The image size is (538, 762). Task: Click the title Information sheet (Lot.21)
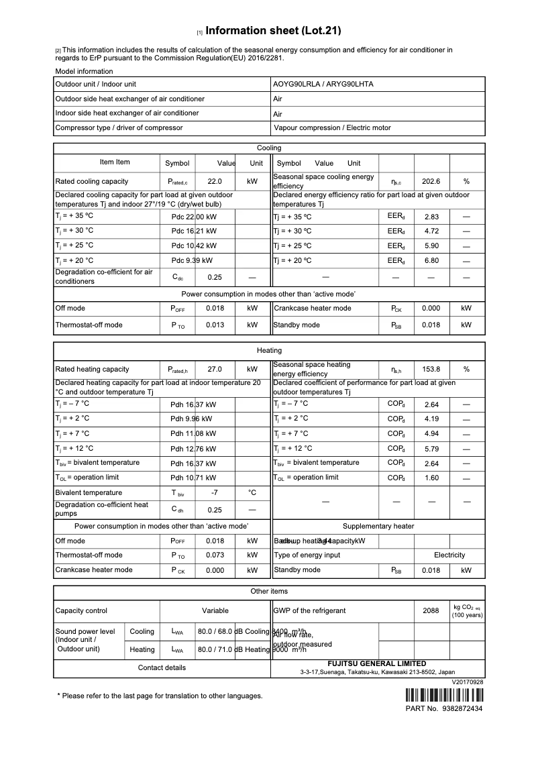pyautogui.click(x=274, y=31)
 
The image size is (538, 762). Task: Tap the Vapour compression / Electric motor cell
pyautogui.click(x=332, y=127)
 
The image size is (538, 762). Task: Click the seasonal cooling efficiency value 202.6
pyautogui.click(x=431, y=181)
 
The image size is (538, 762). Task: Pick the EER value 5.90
pyautogui.click(x=431, y=246)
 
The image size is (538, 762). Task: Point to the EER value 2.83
pyautogui.click(x=431, y=217)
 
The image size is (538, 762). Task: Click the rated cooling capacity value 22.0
pyautogui.click(x=215, y=181)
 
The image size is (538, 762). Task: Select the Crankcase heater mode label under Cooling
pyautogui.click(x=312, y=309)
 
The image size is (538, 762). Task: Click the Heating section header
pyautogui.click(x=269, y=350)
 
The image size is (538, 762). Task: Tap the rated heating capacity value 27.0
pyautogui.click(x=215, y=369)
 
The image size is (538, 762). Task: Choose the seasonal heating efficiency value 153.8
pyautogui.click(x=431, y=369)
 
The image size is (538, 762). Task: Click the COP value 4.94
pyautogui.click(x=431, y=433)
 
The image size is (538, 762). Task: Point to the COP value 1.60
pyautogui.click(x=431, y=478)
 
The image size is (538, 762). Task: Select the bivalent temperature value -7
pyautogui.click(x=215, y=492)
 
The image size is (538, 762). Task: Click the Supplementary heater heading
pyautogui.click(x=378, y=526)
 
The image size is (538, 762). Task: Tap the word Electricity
pyautogui.click(x=449, y=555)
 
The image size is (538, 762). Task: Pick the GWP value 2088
pyautogui.click(x=431, y=610)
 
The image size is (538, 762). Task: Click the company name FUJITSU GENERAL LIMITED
pyautogui.click(x=376, y=663)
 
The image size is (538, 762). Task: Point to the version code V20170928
pyautogui.click(x=468, y=682)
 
